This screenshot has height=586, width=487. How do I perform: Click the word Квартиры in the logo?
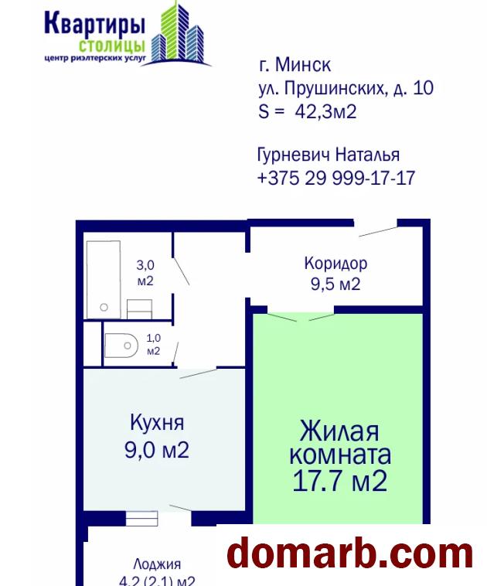coord(94,24)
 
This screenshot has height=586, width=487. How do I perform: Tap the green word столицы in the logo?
coord(112,46)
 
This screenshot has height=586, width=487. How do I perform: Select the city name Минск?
coord(303,65)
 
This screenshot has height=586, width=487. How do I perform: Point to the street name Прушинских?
coord(335,88)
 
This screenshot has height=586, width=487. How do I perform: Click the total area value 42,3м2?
coord(326,111)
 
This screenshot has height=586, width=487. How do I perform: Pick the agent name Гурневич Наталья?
coord(329,155)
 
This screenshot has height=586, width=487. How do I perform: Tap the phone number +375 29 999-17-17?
coord(336,178)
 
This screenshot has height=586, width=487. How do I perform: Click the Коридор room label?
coord(335,264)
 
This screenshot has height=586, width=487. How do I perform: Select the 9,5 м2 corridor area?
coord(335,284)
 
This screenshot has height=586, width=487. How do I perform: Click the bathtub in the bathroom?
coord(104,280)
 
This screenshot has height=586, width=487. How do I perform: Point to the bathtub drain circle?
coord(104,307)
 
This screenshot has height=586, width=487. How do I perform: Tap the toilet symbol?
coord(121,346)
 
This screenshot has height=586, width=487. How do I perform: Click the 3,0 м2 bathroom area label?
coord(145,273)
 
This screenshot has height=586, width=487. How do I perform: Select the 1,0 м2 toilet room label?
coord(153,345)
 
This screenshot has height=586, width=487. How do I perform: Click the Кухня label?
coord(157,423)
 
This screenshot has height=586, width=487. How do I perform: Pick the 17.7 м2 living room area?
coord(340,481)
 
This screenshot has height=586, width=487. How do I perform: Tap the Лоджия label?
coord(157,564)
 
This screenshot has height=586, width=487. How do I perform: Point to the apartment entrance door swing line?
coord(378,232)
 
